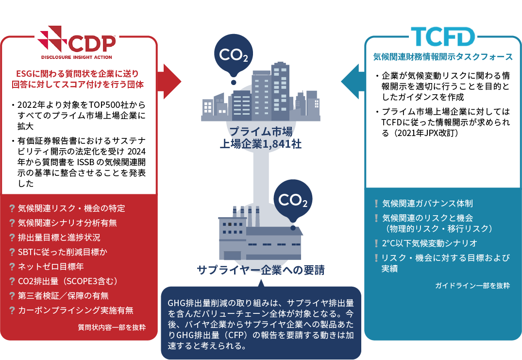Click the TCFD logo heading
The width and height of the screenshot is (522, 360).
coord(442,36)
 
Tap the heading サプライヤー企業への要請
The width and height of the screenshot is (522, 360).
coord(261,270)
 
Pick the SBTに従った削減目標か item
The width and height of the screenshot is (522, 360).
coord(63,252)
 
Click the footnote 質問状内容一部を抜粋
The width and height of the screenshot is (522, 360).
coord(112,327)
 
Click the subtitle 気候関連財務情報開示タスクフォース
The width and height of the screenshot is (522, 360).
coord(443,57)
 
